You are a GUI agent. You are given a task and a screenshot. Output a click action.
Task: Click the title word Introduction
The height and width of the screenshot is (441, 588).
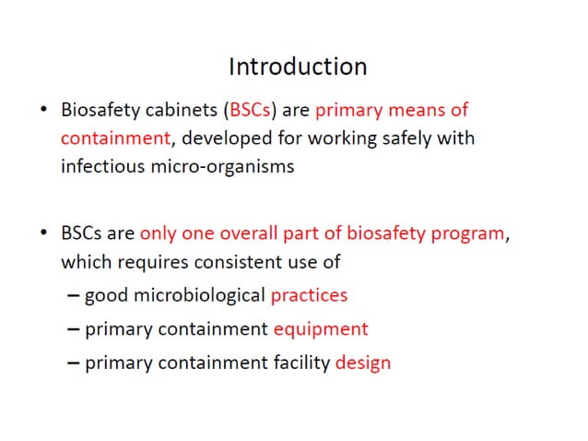297,66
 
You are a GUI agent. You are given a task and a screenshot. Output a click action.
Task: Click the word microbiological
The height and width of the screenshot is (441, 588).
197,296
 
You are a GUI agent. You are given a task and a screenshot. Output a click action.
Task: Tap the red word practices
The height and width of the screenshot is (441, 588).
309,296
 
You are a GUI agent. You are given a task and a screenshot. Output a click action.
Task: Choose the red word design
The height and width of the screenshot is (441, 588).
363,363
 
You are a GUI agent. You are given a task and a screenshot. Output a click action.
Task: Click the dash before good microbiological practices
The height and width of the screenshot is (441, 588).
74,296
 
